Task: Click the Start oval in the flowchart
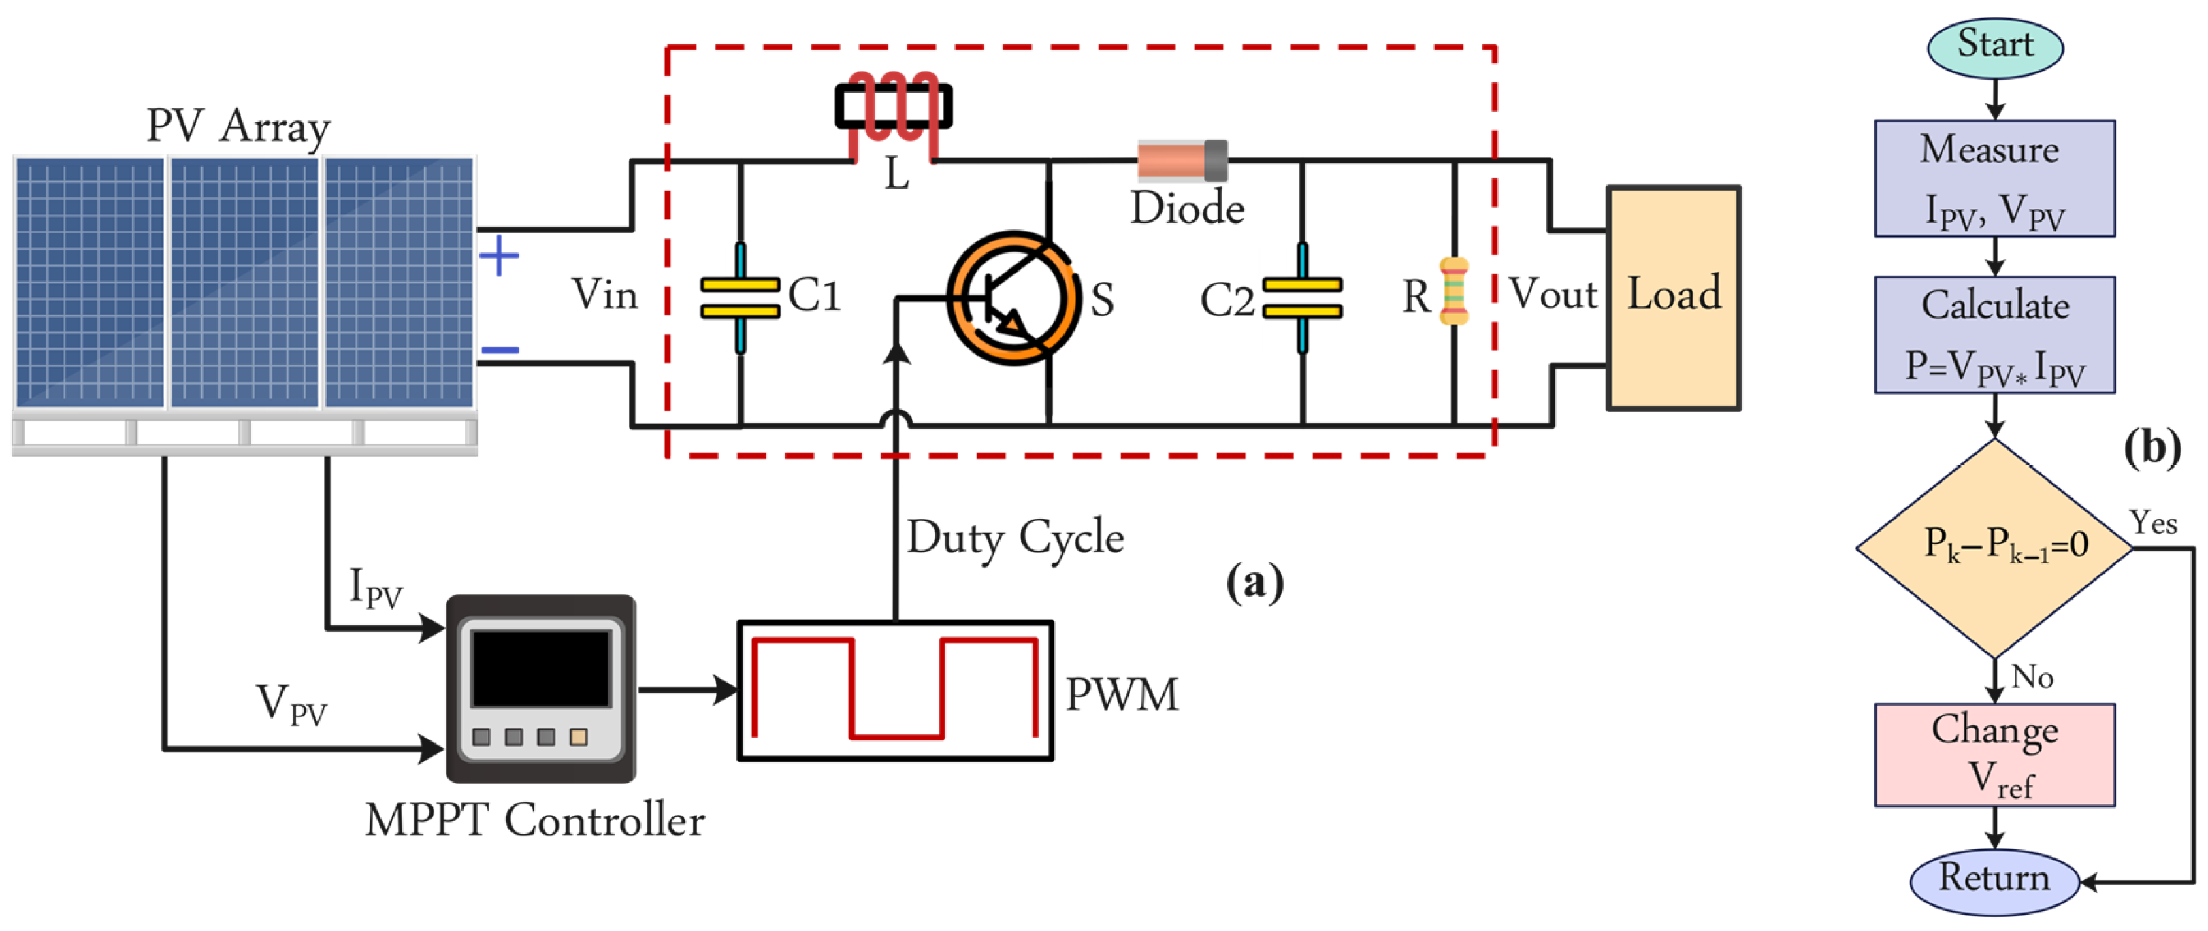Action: pos(1994,46)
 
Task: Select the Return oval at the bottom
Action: pos(1994,879)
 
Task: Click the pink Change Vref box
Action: pos(1994,755)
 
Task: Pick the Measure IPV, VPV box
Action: pos(1994,178)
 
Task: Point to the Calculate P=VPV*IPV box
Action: pos(1994,334)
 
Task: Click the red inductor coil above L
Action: pos(893,107)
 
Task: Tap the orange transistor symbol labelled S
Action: pos(1013,298)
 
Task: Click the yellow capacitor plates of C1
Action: pos(740,297)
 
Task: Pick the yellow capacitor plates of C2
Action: pos(1302,297)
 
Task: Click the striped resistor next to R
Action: pos(1454,291)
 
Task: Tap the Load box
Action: pos(1673,297)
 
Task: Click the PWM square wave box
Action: pos(895,690)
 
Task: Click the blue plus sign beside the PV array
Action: pos(498,255)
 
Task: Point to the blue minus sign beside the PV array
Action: pos(500,350)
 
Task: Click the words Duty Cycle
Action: pos(1015,538)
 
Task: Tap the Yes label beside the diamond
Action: pos(2152,522)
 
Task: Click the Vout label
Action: pos(1553,294)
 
